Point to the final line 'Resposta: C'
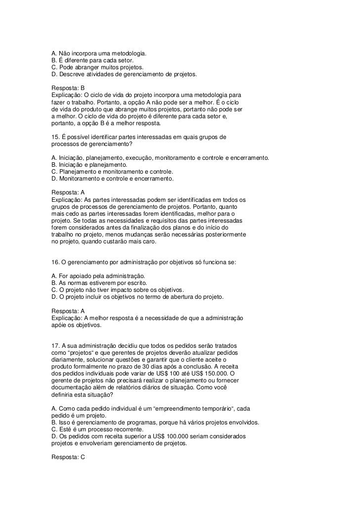pyautogui.click(x=68, y=458)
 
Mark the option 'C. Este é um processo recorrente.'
pyautogui.click(x=100, y=430)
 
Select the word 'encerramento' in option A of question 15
pyautogui.click(x=251, y=157)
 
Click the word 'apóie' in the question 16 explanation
pyautogui.click(x=60, y=325)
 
